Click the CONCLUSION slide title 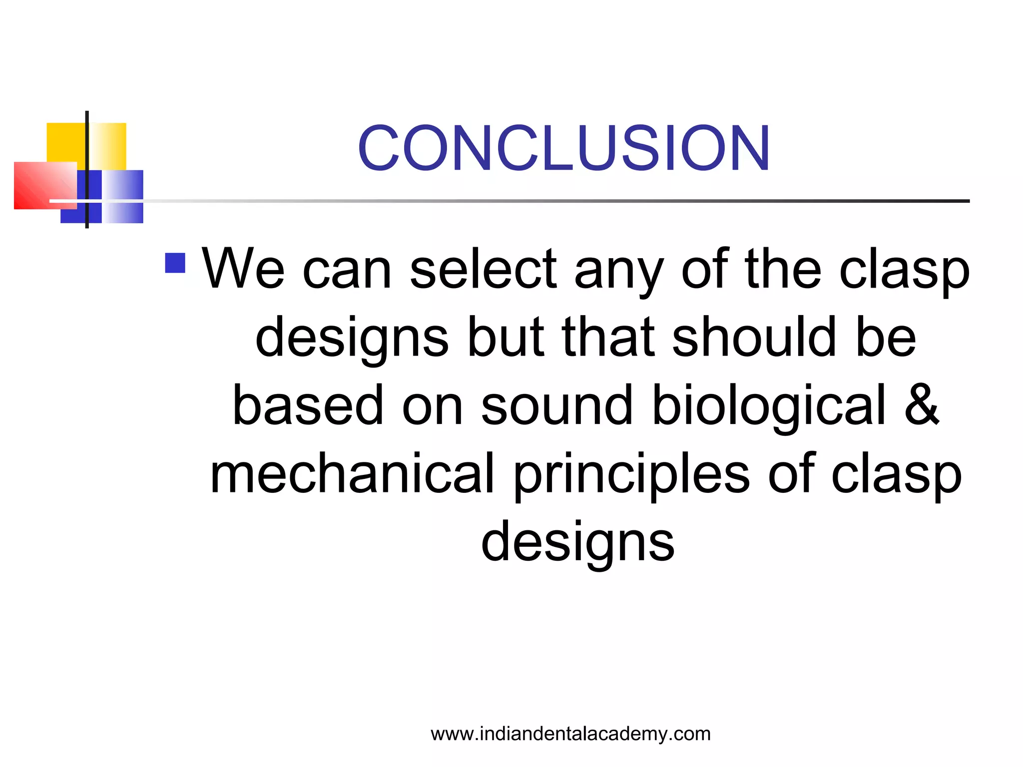click(x=563, y=148)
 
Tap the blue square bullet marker click(x=175, y=263)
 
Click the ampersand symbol click(x=922, y=405)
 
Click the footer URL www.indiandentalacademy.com click(x=570, y=734)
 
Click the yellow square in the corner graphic click(x=65, y=142)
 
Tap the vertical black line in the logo click(x=87, y=170)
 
